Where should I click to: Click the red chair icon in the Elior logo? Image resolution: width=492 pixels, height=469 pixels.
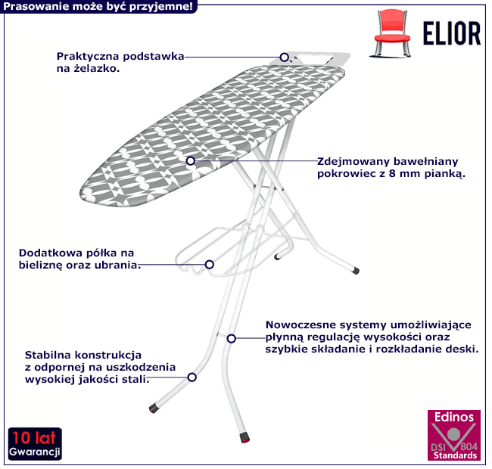(391, 33)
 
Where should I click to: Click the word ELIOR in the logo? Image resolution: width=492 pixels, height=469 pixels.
(452, 33)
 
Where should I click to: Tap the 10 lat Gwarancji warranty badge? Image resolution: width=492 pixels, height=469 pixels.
(35, 444)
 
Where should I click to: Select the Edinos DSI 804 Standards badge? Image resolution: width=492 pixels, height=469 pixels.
(454, 435)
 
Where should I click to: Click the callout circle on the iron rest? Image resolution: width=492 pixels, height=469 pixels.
(285, 57)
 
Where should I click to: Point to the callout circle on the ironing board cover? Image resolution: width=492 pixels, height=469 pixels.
(191, 161)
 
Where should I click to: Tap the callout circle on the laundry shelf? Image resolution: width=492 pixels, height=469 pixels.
(209, 265)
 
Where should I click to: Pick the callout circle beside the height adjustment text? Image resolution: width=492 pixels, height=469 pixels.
(232, 339)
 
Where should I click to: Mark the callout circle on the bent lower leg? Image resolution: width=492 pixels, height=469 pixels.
(192, 377)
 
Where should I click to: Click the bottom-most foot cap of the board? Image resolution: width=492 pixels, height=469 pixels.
(244, 438)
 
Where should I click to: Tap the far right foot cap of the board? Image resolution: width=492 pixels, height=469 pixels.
(355, 270)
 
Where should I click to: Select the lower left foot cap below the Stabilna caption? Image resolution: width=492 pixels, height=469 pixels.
(154, 408)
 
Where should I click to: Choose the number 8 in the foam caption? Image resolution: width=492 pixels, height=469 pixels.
(392, 173)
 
